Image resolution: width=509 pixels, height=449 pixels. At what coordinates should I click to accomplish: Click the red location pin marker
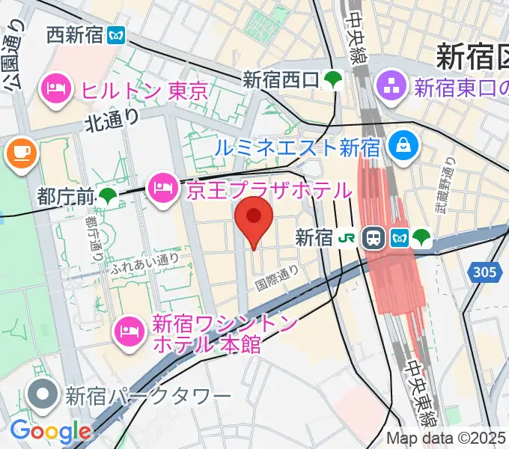(254, 219)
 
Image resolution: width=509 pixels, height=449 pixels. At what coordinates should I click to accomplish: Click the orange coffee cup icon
(21, 154)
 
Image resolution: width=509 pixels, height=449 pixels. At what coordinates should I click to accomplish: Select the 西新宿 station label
(75, 34)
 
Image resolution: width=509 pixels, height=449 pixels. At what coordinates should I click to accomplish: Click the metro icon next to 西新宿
(117, 34)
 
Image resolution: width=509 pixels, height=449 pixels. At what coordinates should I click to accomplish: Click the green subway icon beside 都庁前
(109, 197)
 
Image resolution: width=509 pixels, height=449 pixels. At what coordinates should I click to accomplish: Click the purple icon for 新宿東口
(391, 88)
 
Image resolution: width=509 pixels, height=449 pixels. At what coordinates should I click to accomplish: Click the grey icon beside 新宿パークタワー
(43, 393)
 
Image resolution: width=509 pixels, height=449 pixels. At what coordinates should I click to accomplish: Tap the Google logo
(49, 430)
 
